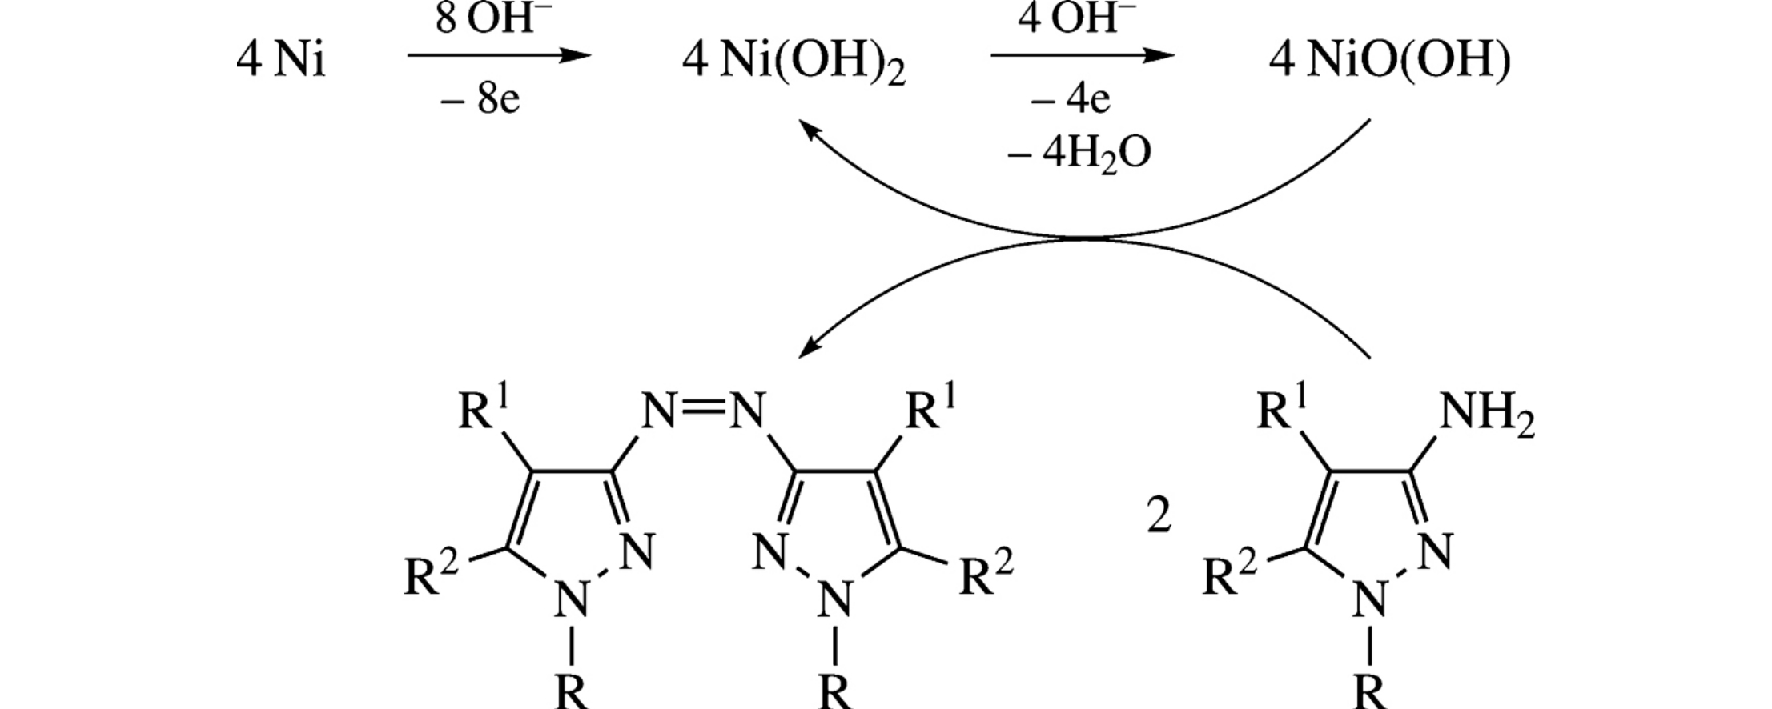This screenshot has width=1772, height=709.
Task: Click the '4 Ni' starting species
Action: (x=281, y=61)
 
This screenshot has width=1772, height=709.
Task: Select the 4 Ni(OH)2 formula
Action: (x=794, y=62)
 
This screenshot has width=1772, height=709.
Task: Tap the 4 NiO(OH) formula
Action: (x=1390, y=61)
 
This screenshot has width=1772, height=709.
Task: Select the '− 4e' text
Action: (x=1071, y=100)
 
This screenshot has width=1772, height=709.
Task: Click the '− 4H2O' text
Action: (x=1079, y=152)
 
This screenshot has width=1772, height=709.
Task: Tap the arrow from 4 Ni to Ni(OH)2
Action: (x=498, y=55)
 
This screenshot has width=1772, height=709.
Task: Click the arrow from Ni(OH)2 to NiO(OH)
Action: (x=1083, y=55)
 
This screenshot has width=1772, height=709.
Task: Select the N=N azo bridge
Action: (x=703, y=411)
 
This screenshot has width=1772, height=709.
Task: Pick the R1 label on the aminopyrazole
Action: (x=1282, y=411)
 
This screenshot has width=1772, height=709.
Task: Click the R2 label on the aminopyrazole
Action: (x=1229, y=574)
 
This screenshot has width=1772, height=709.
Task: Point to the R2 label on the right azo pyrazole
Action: (x=986, y=574)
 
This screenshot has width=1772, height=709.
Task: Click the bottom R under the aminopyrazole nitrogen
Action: (x=1370, y=691)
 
